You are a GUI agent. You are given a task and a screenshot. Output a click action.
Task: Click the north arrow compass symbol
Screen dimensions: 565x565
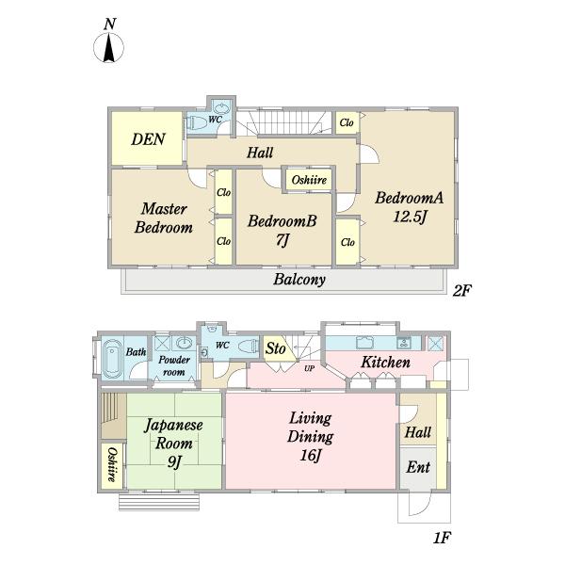[109, 47]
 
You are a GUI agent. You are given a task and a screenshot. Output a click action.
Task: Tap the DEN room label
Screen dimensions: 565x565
[148, 139]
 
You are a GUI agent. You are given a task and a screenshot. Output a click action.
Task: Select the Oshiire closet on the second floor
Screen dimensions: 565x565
[309, 180]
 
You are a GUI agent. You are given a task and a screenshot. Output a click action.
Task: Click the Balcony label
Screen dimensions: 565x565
[299, 280]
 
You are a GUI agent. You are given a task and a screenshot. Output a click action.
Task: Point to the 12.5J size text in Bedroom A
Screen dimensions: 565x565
[410, 217]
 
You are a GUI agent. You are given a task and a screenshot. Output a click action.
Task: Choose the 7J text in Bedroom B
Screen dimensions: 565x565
[282, 240]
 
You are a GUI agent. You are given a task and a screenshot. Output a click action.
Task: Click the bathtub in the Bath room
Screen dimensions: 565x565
[111, 358]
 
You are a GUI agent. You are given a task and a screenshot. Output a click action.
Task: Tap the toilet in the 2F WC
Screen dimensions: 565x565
[197, 123]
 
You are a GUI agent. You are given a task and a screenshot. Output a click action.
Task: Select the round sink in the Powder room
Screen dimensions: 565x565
[186, 343]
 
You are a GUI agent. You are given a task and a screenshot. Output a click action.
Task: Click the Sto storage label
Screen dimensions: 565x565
[276, 348]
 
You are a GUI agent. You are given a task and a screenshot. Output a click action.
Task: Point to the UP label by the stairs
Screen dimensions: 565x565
[309, 368]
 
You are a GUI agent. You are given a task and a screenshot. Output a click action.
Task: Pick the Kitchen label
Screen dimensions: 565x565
[385, 363]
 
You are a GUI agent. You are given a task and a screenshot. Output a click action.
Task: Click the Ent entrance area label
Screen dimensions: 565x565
[418, 467]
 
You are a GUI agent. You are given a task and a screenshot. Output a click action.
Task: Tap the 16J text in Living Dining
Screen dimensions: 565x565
[310, 455]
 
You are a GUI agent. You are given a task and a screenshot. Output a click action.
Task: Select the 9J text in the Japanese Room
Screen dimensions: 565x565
[174, 461]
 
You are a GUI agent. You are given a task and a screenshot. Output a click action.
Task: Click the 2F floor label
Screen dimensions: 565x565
[462, 290]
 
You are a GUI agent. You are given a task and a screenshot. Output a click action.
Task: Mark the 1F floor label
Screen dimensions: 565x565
[442, 538]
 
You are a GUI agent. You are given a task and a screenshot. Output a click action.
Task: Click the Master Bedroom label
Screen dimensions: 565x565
[164, 218]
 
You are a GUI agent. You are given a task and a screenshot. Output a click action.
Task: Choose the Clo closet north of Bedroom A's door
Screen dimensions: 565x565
[347, 122]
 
